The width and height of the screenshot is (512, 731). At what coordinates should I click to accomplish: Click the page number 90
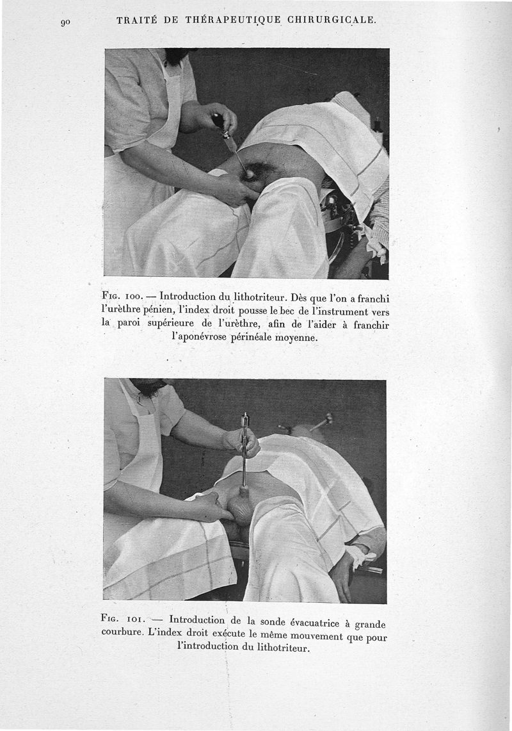tap(65, 22)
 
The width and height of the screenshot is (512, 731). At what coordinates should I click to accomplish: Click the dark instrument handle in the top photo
tap(219, 120)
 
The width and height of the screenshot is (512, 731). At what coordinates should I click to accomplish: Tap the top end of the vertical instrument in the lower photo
tap(244, 418)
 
